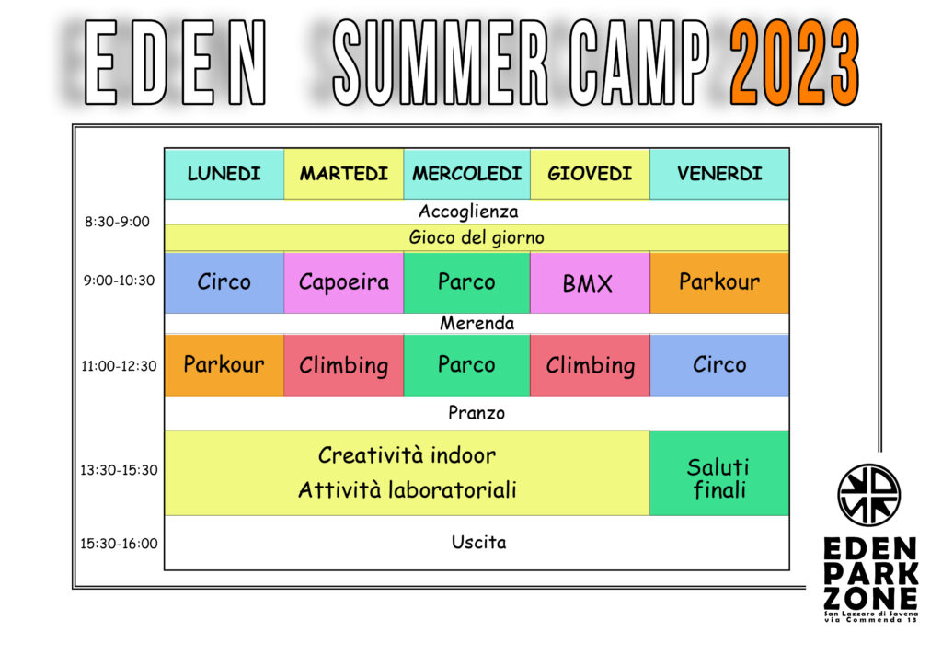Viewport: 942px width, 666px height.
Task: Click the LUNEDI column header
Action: pyautogui.click(x=224, y=174)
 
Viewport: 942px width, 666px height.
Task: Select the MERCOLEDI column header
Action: pyautogui.click(x=466, y=174)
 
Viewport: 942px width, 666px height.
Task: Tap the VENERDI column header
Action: pyautogui.click(x=719, y=174)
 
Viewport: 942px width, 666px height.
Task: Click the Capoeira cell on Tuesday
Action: pyautogui.click(x=344, y=282)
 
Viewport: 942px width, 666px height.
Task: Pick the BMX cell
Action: pyautogui.click(x=590, y=282)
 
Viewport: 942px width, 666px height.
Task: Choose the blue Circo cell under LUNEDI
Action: pyautogui.click(x=224, y=282)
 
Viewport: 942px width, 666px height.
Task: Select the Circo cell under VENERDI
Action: pyautogui.click(x=719, y=365)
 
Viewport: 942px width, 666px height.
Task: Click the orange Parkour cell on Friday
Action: pyautogui.click(x=719, y=282)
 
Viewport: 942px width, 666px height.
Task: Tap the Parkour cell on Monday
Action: pyautogui.click(x=224, y=365)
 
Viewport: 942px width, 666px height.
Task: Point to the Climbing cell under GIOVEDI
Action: pyautogui.click(x=590, y=365)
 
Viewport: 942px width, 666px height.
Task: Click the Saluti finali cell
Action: pyautogui.click(x=719, y=473)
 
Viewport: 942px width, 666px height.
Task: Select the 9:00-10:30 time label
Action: pyautogui.click(x=119, y=281)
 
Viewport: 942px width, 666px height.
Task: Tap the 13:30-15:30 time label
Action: pyautogui.click(x=119, y=470)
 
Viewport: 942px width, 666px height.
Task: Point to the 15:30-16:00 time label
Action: pyautogui.click(x=119, y=544)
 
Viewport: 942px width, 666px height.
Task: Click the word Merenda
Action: pyautogui.click(x=477, y=324)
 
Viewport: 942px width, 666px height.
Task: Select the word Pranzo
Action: pyautogui.click(x=477, y=413)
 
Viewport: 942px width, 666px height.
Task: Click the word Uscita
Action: pyautogui.click(x=478, y=543)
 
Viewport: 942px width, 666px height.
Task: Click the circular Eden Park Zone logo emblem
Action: pyautogui.click(x=868, y=494)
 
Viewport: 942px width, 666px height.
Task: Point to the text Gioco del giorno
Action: pyautogui.click(x=477, y=238)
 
